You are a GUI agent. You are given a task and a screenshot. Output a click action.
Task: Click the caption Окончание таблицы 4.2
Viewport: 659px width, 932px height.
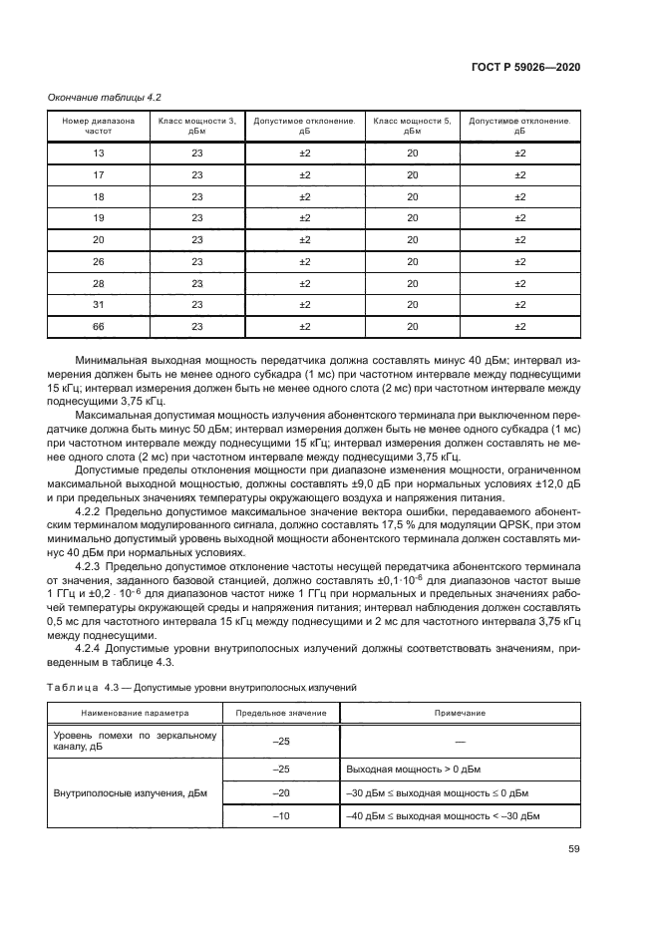point(104,97)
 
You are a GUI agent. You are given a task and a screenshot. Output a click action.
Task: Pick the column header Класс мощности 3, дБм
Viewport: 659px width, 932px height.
point(196,126)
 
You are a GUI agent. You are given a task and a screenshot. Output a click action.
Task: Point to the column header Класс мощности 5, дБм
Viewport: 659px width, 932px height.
point(412,126)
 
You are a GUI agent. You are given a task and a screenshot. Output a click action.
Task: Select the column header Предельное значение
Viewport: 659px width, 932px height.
point(280,714)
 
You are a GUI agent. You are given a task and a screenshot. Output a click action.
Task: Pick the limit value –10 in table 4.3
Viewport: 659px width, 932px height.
point(280,815)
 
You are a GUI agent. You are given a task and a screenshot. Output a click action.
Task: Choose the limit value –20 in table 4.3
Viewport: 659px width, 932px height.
point(280,793)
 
